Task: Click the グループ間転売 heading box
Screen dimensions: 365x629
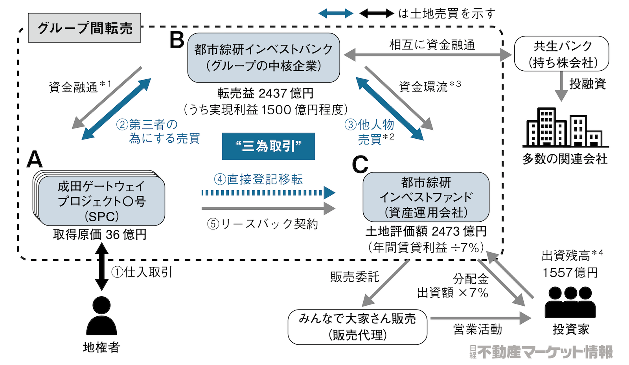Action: pyautogui.click(x=85, y=28)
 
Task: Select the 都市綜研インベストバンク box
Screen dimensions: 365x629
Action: pyautogui.click(x=263, y=57)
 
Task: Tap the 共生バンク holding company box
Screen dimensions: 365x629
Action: pyautogui.click(x=561, y=54)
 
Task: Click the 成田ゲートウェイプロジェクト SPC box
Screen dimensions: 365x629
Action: pyautogui.click(x=101, y=201)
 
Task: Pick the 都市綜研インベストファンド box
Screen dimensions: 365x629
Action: pyautogui.click(x=426, y=197)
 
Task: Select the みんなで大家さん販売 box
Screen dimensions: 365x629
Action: pyautogui.click(x=357, y=326)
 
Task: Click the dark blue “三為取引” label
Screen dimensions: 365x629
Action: pyautogui.click(x=268, y=146)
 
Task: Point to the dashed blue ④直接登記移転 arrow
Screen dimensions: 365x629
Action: pyautogui.click(x=267, y=193)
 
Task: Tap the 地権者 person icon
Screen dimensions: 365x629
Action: pyautogui.click(x=101, y=316)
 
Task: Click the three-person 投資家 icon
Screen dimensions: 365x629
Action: pyautogui.click(x=570, y=302)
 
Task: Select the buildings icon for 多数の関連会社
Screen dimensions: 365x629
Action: pyautogui.click(x=565, y=127)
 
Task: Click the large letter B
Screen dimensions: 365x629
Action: pyautogui.click(x=177, y=40)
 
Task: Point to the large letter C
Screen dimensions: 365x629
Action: pyautogui.click(x=360, y=165)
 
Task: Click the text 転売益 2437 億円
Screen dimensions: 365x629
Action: pyautogui.click(x=265, y=93)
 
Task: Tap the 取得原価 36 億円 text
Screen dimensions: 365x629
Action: pyautogui.click(x=100, y=235)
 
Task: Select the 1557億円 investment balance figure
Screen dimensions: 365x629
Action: pyautogui.click(x=570, y=272)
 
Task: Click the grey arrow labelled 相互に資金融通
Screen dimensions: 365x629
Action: pyautogui.click(x=428, y=55)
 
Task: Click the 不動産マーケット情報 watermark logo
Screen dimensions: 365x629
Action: pyautogui.click(x=541, y=352)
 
